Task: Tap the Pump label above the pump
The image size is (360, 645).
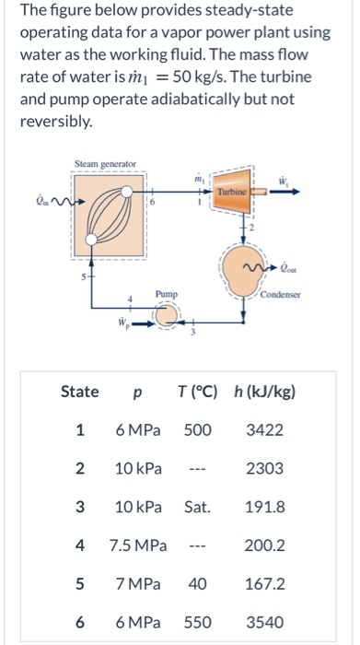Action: pyautogui.click(x=166, y=294)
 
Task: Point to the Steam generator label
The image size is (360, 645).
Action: pyautogui.click(x=104, y=164)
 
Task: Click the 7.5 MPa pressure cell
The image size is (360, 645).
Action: pyautogui.click(x=138, y=546)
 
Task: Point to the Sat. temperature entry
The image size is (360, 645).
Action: pyautogui.click(x=198, y=508)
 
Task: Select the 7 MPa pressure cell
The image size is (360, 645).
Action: pyautogui.click(x=138, y=584)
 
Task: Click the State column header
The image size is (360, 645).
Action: pyautogui.click(x=79, y=392)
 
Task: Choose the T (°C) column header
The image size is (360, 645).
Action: pyautogui.click(x=197, y=392)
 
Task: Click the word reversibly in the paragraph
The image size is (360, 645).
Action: pyautogui.click(x=55, y=122)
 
